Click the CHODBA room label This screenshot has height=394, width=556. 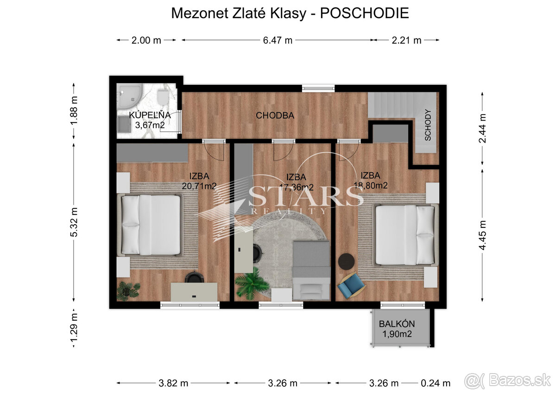pos(275,116)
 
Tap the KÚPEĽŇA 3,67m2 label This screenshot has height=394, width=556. pos(150,120)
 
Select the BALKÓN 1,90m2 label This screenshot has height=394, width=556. pos(397,329)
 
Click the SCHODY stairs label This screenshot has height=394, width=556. pos(427,125)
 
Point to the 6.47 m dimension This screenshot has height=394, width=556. pos(278,40)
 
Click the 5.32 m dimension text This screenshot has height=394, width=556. pos(74,222)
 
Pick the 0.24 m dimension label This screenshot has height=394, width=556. pos(436,383)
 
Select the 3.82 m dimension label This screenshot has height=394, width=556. pos(173,383)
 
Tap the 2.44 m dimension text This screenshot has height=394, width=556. pos(482,128)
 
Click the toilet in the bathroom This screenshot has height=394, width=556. pos(163,97)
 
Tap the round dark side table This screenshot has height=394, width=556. pos(347,261)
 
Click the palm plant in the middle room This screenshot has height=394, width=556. pos(252,283)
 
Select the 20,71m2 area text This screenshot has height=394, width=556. pos(199,186)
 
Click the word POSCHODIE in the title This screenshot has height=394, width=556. pos(364,13)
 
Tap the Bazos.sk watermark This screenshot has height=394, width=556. pos(508,381)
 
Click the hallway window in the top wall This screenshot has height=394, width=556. pos(318,88)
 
